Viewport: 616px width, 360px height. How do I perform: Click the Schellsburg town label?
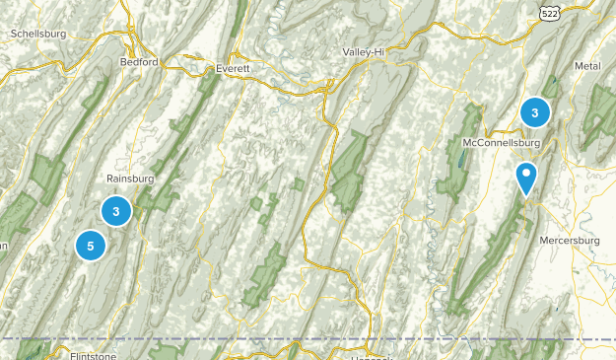coord(37,33)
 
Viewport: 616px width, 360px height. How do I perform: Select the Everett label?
coord(234,68)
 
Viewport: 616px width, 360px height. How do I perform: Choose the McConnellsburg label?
coord(504,143)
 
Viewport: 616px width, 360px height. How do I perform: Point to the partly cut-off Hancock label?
coord(371,356)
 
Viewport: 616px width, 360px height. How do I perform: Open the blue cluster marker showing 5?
coord(91,246)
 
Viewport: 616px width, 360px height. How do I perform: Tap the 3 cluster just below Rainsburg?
coord(116,210)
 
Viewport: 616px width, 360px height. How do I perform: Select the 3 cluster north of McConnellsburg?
coord(534,112)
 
